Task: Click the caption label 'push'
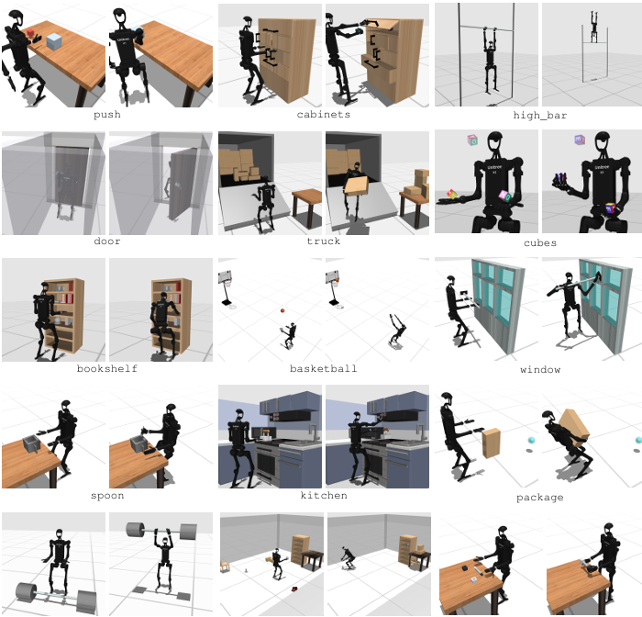[x=107, y=115]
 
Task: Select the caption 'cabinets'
[x=324, y=115]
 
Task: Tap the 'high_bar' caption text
[x=540, y=115]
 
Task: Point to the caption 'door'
[x=107, y=241]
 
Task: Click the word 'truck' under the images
[x=324, y=241]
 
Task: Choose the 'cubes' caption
[x=540, y=243]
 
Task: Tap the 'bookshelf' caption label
[x=107, y=368]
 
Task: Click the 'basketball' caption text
[x=324, y=368]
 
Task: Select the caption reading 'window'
[x=540, y=370]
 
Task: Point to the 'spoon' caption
[x=107, y=496]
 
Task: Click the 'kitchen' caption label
[x=324, y=496]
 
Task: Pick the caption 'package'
[x=540, y=498]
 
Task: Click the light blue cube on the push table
[x=53, y=42]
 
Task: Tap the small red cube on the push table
[x=30, y=34]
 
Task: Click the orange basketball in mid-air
[x=282, y=310]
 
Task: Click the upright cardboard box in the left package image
[x=491, y=443]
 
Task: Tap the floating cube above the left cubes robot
[x=472, y=140]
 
